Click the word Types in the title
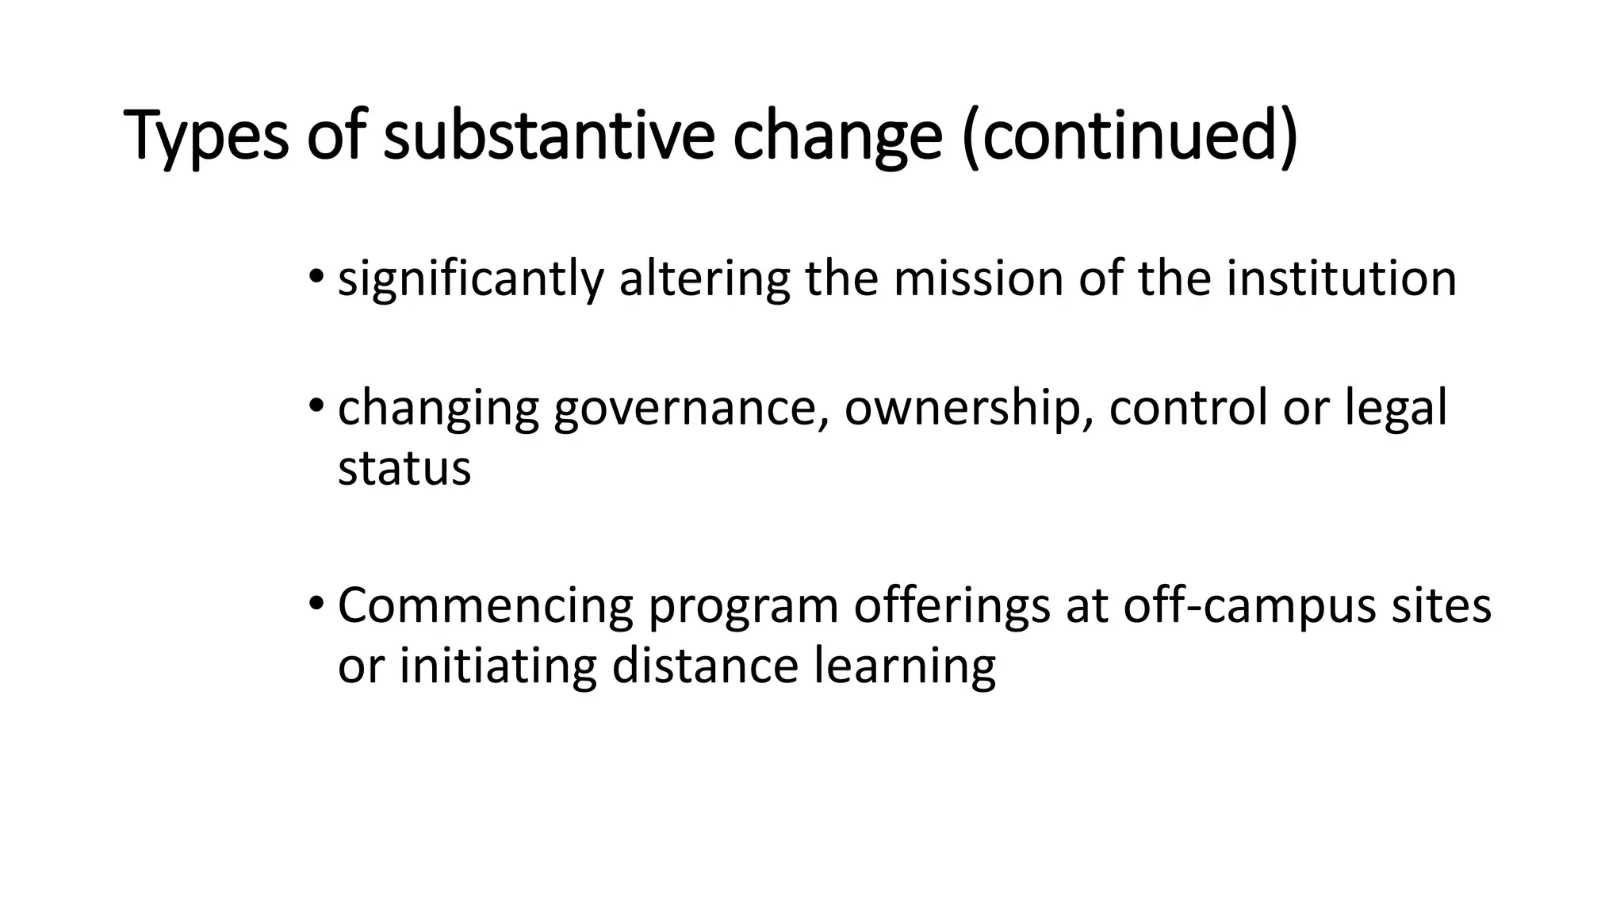click(x=207, y=136)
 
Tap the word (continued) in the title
click(x=1129, y=136)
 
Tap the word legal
click(x=1396, y=409)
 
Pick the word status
click(x=404, y=468)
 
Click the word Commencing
click(x=485, y=606)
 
